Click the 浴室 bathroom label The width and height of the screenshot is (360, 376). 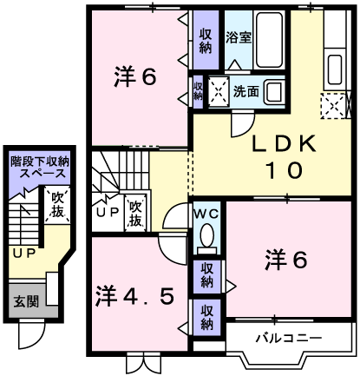pos(239,37)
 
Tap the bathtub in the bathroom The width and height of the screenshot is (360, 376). pos(269,40)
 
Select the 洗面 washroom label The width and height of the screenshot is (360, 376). pos(245,92)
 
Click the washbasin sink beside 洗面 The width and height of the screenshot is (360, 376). pos(273,92)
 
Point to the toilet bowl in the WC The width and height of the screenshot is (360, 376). pos(206,235)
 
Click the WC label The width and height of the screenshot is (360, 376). pos(206,214)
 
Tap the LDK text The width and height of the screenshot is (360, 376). pos(284,144)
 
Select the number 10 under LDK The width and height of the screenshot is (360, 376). pos(284,170)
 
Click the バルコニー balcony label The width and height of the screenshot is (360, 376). pos(289,338)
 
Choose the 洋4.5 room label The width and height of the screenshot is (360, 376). pos(135,297)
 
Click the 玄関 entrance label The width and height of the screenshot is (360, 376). pos(26,302)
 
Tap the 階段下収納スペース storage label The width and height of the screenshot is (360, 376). pos(40,168)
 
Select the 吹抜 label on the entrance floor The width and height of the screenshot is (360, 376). pos(57,205)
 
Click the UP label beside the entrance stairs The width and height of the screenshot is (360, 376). pos(24,254)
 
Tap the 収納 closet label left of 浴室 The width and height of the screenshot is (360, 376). pos(206,42)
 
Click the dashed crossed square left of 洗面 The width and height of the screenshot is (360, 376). pos(219,91)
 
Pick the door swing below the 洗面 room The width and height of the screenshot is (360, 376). pos(243,124)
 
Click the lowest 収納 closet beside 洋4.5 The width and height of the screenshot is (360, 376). pos(206,318)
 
